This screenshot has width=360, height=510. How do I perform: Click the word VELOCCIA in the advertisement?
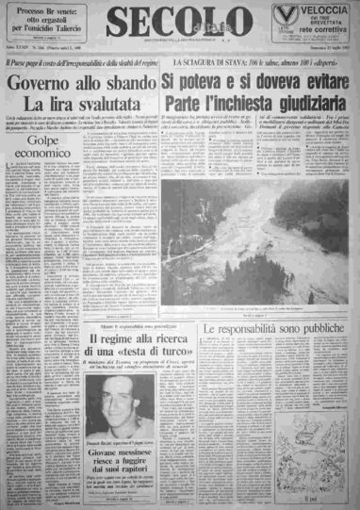(x=319, y=9)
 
